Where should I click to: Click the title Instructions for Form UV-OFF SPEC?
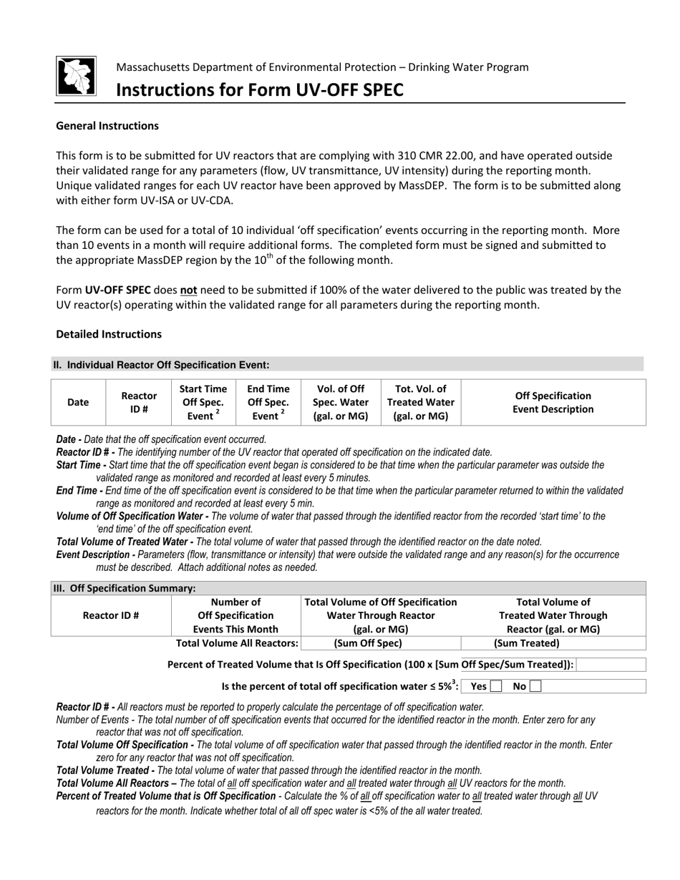click(260, 90)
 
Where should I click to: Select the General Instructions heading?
click(107, 126)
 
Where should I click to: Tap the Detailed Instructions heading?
click(109, 334)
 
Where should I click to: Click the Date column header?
click(78, 402)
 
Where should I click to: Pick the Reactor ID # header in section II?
click(139, 402)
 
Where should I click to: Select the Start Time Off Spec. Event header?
click(203, 402)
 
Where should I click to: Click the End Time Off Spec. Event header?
click(268, 402)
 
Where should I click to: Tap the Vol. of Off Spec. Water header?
click(341, 402)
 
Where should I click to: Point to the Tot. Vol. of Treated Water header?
click(421, 402)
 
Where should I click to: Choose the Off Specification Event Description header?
click(553, 402)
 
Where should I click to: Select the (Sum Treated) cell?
click(527, 643)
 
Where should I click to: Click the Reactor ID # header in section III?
click(111, 615)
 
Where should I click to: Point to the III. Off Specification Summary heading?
click(125, 588)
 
